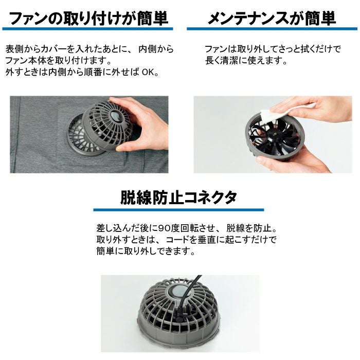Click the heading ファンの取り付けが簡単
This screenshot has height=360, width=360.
coord(89,19)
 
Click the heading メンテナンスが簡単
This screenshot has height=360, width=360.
coord(272,19)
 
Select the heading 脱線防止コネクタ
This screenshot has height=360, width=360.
coord(178,197)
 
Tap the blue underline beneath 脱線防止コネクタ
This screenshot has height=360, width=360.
coord(178,210)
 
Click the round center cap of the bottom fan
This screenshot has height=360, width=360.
coord(178,293)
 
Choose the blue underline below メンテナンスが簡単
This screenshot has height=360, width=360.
coord(272,29)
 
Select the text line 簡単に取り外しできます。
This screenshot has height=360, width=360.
coord(146,251)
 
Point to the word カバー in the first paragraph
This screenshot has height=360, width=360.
coord(54,49)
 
